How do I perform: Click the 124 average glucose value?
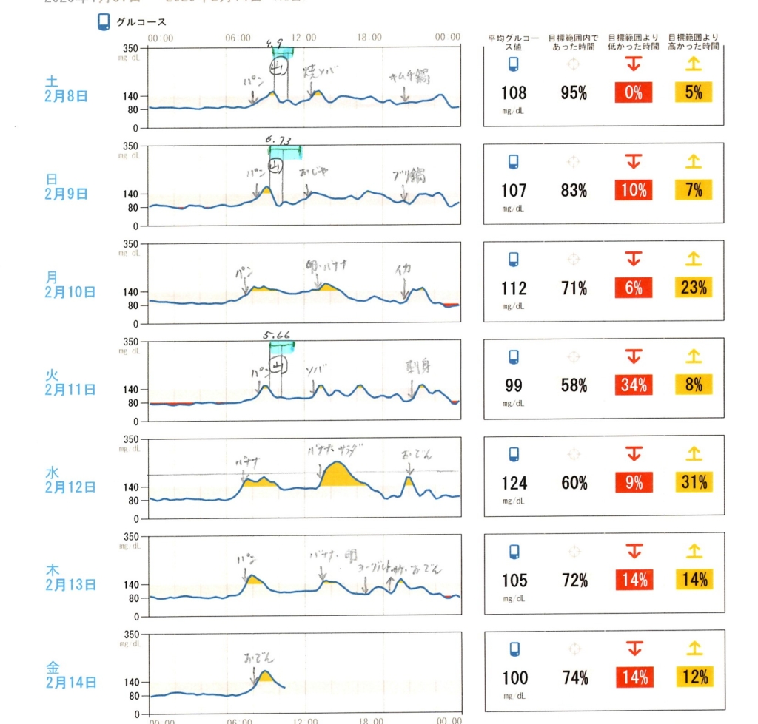(514, 483)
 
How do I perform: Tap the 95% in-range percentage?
(574, 92)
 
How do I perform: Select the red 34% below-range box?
(634, 385)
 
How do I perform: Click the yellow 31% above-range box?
(694, 482)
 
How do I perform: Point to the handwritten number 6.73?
(279, 139)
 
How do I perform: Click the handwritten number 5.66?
(278, 334)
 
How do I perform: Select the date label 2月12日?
(70, 487)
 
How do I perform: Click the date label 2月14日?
(70, 683)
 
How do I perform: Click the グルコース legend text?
(141, 23)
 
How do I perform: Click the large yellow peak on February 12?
(338, 475)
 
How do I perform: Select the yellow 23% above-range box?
(694, 287)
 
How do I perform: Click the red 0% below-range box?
(634, 92)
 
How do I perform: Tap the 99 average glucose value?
(514, 385)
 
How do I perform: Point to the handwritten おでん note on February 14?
(260, 657)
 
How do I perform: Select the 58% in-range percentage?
(574, 385)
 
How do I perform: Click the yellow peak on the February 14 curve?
(265, 677)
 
